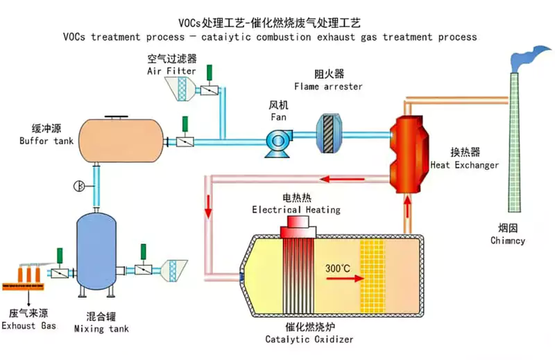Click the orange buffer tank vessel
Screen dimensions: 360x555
119,139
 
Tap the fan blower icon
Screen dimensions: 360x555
280,140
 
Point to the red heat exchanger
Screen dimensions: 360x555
409,148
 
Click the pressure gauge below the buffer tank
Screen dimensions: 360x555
79,186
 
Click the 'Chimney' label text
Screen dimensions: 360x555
507,241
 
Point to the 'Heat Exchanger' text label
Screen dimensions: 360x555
464,165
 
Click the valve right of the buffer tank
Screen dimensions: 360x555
185,142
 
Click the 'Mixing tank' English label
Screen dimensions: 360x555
101,328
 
